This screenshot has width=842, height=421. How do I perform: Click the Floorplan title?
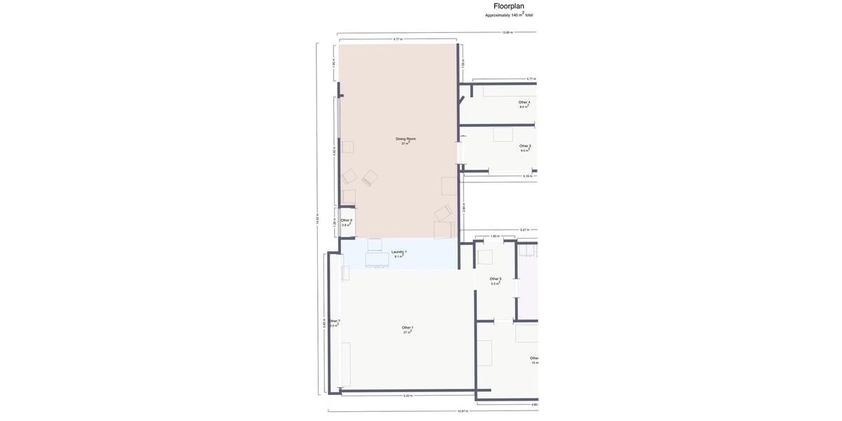point(509,6)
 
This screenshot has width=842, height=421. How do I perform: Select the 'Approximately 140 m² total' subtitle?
point(509,15)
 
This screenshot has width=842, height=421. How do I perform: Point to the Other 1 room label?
point(407,330)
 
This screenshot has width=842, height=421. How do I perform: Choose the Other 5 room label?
point(495,281)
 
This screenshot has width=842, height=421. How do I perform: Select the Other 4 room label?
point(524,104)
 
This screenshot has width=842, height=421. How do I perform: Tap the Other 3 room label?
point(525,148)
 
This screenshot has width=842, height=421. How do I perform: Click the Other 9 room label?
point(346,222)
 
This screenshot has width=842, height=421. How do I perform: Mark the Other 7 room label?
point(334,323)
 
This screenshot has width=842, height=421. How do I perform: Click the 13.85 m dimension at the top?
point(507,32)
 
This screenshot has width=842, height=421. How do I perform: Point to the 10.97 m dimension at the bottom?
point(462,411)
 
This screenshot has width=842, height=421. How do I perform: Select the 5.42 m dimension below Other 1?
point(408,396)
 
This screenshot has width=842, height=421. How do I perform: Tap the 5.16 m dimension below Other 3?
point(528,176)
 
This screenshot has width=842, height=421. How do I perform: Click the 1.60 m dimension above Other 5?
point(495,236)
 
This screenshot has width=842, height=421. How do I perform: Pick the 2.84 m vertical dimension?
point(464,208)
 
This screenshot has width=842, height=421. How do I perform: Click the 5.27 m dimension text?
point(524,229)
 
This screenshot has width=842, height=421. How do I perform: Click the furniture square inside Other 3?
point(502,135)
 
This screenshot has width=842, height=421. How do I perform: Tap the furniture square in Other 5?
point(485,258)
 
